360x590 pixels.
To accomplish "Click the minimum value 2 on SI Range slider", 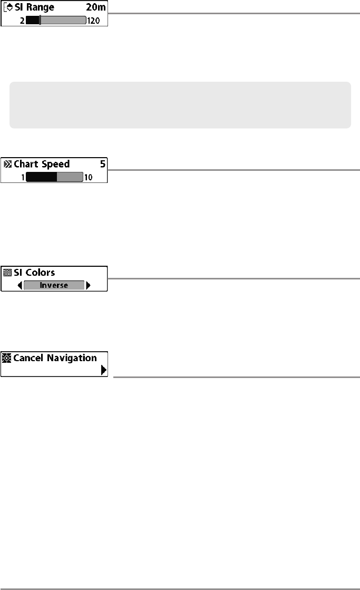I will coord(22,21).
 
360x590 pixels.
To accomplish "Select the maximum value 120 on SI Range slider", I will coord(96,21).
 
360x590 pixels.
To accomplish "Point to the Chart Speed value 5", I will coord(103,164).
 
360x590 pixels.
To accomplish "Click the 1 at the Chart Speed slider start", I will coord(23,177).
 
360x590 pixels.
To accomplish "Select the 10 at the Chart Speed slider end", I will coord(88,177).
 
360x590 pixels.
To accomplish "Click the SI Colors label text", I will coord(34,273).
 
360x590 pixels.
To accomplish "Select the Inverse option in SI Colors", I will coord(54,285).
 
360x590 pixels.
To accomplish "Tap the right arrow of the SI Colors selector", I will coord(88,285).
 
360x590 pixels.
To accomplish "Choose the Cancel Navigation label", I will coord(55,358).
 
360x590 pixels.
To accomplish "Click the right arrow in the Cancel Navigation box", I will coord(103,371).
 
